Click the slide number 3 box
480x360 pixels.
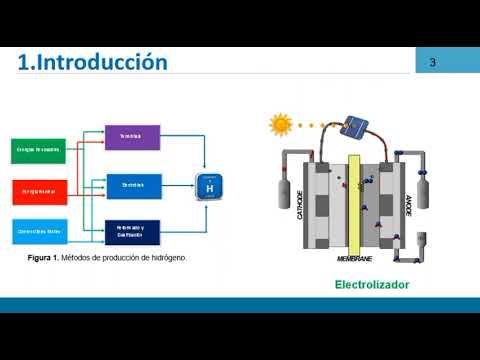click(x=433, y=63)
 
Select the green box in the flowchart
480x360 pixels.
click(x=38, y=149)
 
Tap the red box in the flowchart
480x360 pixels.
click(x=38, y=189)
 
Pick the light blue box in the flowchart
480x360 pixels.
click(x=38, y=230)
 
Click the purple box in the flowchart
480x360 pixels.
click(x=132, y=137)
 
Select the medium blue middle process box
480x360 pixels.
click(x=132, y=185)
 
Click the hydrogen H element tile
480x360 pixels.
click(x=209, y=186)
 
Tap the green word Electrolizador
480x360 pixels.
click(x=372, y=284)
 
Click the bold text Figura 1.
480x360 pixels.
click(x=46, y=257)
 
